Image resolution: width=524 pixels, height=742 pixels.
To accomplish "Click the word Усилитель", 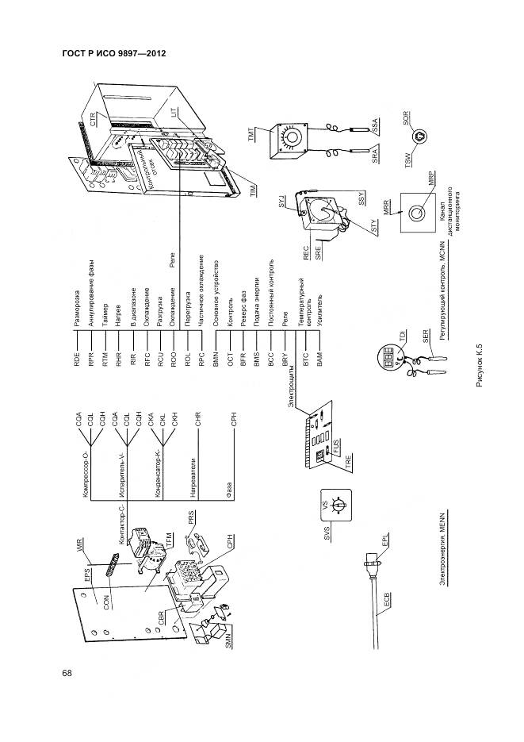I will [x=319, y=305].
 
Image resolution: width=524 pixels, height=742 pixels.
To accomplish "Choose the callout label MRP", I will [x=432, y=179].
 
